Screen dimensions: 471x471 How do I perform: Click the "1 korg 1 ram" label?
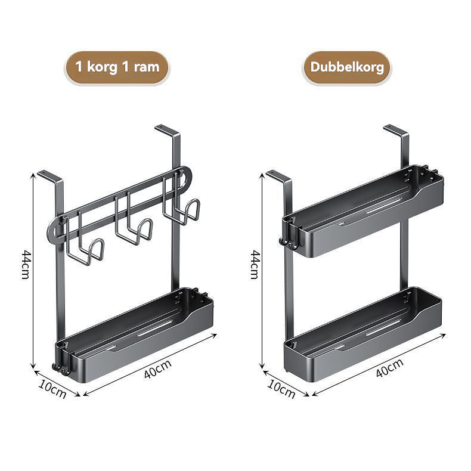point(117,67)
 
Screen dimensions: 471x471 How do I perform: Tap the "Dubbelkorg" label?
point(347,67)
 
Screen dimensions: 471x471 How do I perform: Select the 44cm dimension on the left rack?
point(26,265)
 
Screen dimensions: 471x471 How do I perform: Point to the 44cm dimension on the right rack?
point(255,265)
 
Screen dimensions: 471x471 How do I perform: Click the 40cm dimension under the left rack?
point(158,368)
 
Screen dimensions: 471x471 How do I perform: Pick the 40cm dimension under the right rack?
point(389,368)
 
